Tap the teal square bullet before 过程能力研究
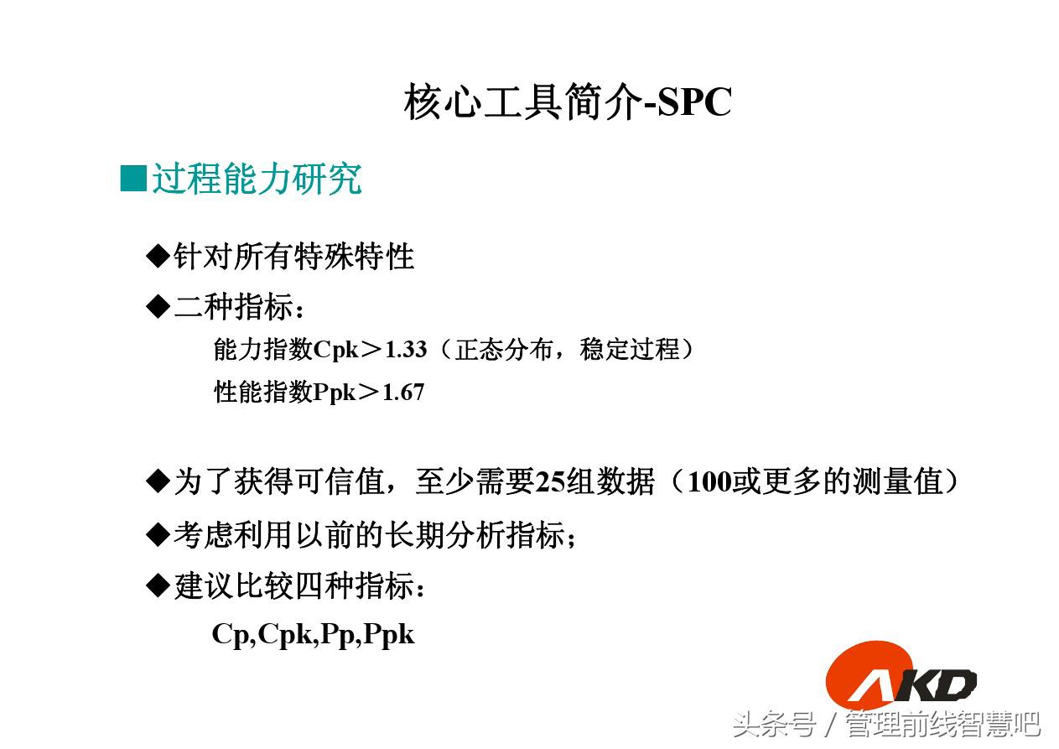133,178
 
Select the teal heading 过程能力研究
257,179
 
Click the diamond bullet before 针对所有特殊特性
158,256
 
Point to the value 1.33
406,350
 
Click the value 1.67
403,392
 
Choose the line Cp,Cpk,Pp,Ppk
313,634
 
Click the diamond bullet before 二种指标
158,308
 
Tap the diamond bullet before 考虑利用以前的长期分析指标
158,534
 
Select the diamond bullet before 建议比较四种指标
158,586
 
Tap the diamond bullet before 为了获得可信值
158,482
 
